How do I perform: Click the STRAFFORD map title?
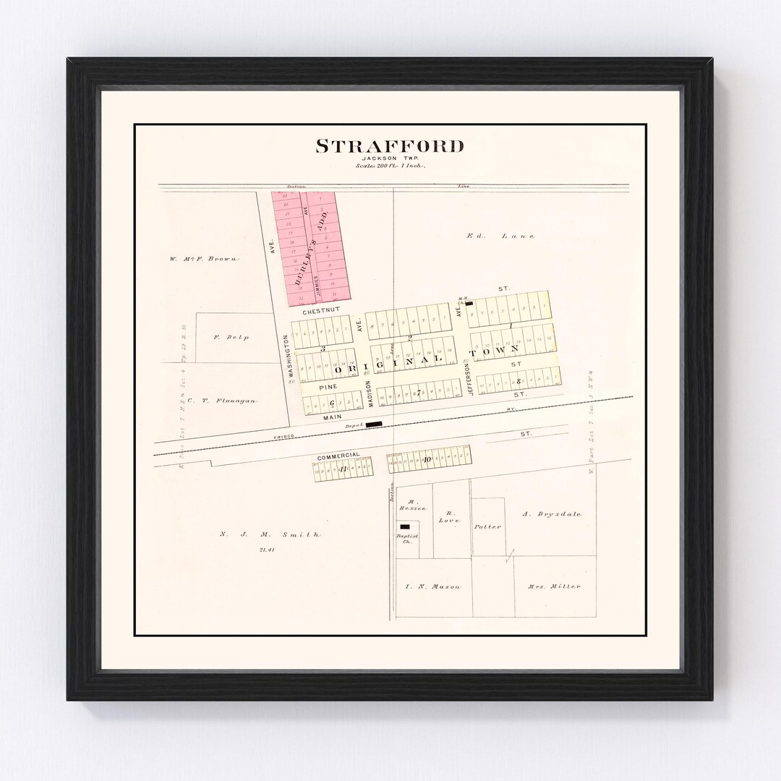pyautogui.click(x=390, y=146)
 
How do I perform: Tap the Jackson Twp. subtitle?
pyautogui.click(x=390, y=159)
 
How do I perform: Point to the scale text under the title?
pyautogui.click(x=390, y=166)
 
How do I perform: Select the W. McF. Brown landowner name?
pyautogui.click(x=204, y=258)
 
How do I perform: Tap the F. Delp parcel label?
pyautogui.click(x=231, y=337)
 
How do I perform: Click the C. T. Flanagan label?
pyautogui.click(x=221, y=400)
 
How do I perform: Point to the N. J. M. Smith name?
pyautogui.click(x=270, y=534)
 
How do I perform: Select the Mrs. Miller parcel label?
pyautogui.click(x=554, y=586)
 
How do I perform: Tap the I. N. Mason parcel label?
pyautogui.click(x=432, y=586)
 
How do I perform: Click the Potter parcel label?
pyautogui.click(x=488, y=526)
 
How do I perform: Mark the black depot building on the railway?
pyautogui.click(x=373, y=425)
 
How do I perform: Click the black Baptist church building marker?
pyautogui.click(x=406, y=526)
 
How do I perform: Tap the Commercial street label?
pyautogui.click(x=338, y=456)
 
